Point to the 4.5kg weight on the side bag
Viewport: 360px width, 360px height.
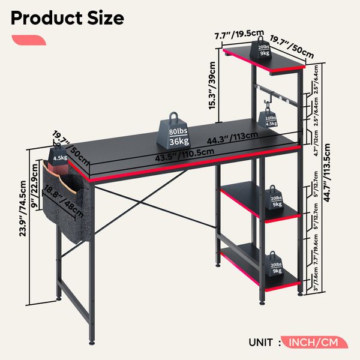(60, 156)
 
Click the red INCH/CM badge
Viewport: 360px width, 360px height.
(313, 343)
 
